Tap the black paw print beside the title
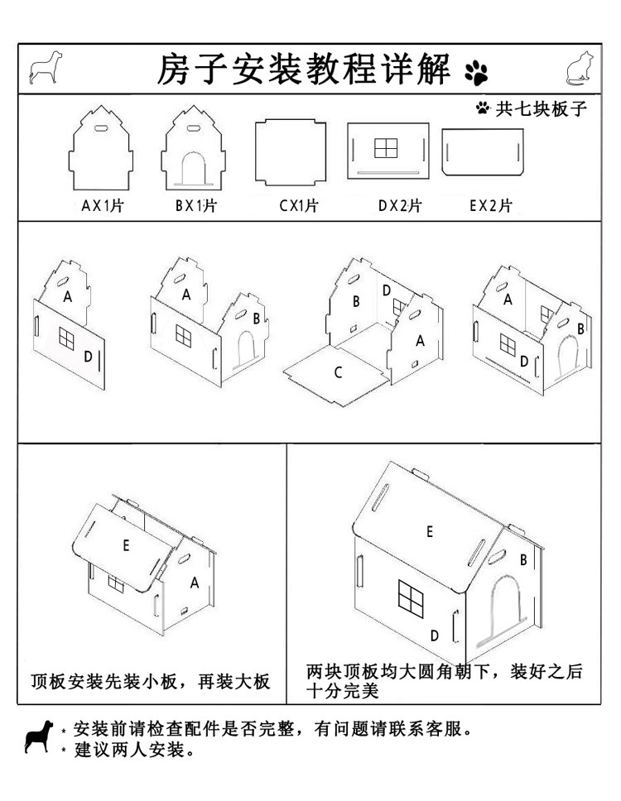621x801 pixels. tap(477, 72)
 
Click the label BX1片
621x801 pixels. tap(195, 206)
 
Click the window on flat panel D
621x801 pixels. tap(386, 147)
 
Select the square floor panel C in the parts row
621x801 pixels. tap(290, 153)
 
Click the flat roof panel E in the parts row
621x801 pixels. tap(482, 151)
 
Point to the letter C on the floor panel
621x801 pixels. tap(338, 372)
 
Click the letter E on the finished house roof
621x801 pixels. tap(429, 532)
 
